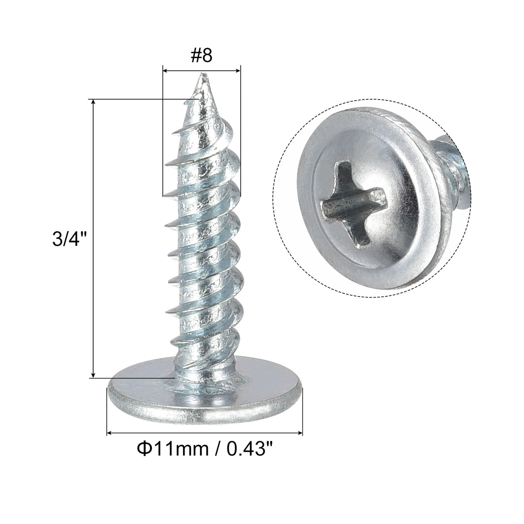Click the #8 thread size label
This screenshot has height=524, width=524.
pos(201,56)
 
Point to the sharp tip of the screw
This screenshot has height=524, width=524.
pos(203,74)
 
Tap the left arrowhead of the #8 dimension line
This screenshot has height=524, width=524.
pos(165,70)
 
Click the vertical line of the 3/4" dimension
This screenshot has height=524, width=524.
pos(93,240)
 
